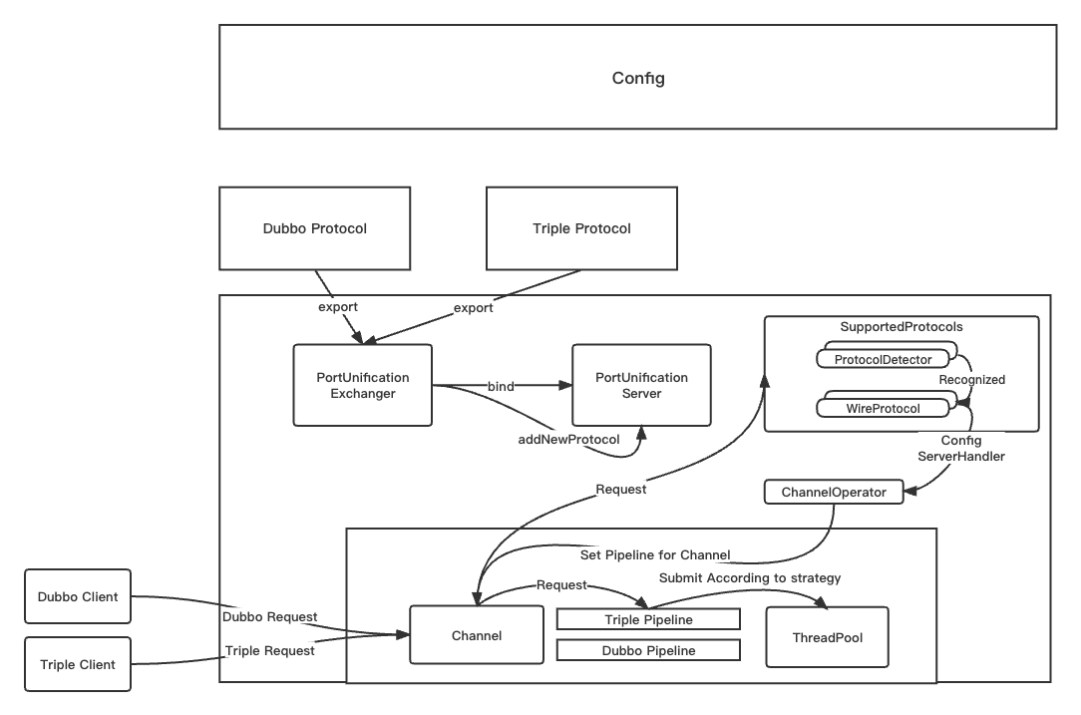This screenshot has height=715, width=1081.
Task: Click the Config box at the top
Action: pyautogui.click(x=637, y=78)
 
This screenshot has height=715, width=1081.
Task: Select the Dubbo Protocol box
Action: pyautogui.click(x=314, y=228)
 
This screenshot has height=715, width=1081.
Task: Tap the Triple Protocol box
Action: pyautogui.click(x=581, y=228)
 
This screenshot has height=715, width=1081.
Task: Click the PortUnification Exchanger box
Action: pyautogui.click(x=362, y=385)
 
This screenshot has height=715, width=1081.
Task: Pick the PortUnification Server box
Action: pyautogui.click(x=641, y=385)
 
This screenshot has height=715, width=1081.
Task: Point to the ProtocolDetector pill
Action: pyautogui.click(x=883, y=359)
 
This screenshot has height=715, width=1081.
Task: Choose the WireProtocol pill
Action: pyautogui.click(x=883, y=408)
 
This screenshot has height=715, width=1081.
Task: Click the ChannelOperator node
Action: pyautogui.click(x=833, y=492)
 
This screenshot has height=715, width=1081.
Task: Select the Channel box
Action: pyautogui.click(x=477, y=635)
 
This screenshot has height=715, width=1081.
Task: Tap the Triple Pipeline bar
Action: pyautogui.click(x=648, y=620)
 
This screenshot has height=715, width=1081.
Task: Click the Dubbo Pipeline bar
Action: pyautogui.click(x=648, y=650)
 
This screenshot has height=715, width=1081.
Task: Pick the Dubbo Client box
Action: pyautogui.click(x=78, y=597)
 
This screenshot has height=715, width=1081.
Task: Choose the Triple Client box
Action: pyautogui.click(x=78, y=664)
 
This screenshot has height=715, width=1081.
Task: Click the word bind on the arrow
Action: pyautogui.click(x=501, y=385)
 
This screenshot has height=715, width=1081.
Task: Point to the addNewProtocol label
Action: pyautogui.click(x=568, y=439)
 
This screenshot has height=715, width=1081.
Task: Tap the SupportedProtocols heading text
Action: pyautogui.click(x=901, y=327)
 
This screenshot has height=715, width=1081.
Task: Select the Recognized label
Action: pyautogui.click(x=971, y=380)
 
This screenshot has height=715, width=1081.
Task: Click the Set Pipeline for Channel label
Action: pyautogui.click(x=655, y=554)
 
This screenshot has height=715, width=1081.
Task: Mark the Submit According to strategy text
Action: pyautogui.click(x=749, y=577)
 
